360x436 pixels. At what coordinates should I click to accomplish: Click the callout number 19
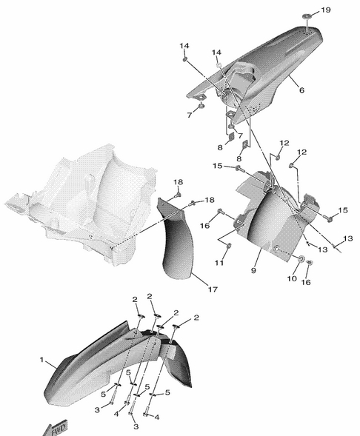click(326, 10)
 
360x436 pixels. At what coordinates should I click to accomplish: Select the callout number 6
click(302, 90)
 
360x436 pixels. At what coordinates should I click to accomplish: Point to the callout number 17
click(213, 289)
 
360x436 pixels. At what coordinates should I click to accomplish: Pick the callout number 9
click(253, 270)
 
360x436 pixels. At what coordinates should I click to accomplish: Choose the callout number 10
click(292, 278)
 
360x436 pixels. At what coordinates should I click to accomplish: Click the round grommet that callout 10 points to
click(301, 259)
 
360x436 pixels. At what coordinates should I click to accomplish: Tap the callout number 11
click(219, 263)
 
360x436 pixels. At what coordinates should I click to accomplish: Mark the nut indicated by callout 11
click(229, 245)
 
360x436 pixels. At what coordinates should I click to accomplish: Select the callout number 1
click(41, 360)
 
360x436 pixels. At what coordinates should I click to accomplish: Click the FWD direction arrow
click(56, 428)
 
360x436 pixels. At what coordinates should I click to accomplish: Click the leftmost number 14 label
click(184, 46)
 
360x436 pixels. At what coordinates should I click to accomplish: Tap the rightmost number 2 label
click(196, 318)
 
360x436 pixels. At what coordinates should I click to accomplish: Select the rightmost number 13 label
click(347, 238)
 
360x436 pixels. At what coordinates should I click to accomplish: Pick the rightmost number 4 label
click(157, 417)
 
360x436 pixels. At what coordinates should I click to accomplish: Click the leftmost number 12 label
click(284, 143)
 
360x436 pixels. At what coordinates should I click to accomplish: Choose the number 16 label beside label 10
click(306, 282)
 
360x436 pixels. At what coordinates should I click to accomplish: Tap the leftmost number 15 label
click(218, 166)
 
